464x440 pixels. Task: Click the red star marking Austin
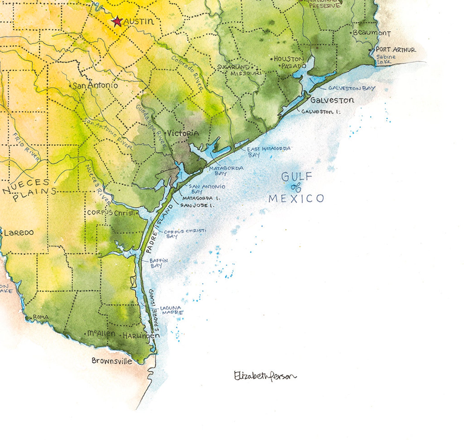coord(117,21)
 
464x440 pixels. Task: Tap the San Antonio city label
coord(95,86)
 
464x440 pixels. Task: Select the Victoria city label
coord(183,133)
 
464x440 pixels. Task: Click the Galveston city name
coord(332,100)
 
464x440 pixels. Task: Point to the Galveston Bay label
coord(352,88)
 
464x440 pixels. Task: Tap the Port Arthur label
coord(395,50)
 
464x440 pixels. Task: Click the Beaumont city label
coord(371,33)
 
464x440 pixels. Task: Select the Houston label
coord(289,59)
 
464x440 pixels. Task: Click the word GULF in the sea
coord(293,176)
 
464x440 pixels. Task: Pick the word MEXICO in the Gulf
coord(296,199)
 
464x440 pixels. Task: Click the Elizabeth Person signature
coord(265,376)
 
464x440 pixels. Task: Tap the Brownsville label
coord(112,361)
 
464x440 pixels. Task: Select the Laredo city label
coord(19,233)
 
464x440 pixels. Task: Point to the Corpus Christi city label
coord(111,213)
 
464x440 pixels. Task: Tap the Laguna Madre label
coord(172,310)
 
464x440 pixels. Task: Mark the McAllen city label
coord(101,333)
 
